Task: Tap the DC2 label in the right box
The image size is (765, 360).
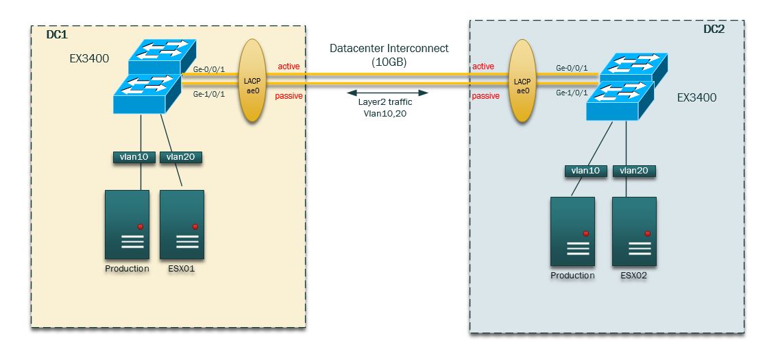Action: click(x=714, y=28)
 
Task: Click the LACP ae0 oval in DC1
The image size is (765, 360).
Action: click(x=253, y=81)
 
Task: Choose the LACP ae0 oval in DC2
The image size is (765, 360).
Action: click(x=522, y=81)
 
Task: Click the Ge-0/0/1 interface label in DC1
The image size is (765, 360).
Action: click(x=209, y=69)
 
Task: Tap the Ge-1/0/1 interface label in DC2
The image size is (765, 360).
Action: click(x=572, y=92)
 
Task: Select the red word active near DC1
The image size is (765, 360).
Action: click(x=288, y=66)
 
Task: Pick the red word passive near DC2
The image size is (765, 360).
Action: click(x=485, y=96)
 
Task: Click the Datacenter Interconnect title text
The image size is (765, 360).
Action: click(x=389, y=49)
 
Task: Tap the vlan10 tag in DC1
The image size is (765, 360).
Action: click(x=134, y=157)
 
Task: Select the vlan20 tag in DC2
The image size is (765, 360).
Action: click(x=633, y=171)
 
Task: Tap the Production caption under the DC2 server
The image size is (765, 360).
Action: click(x=572, y=276)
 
